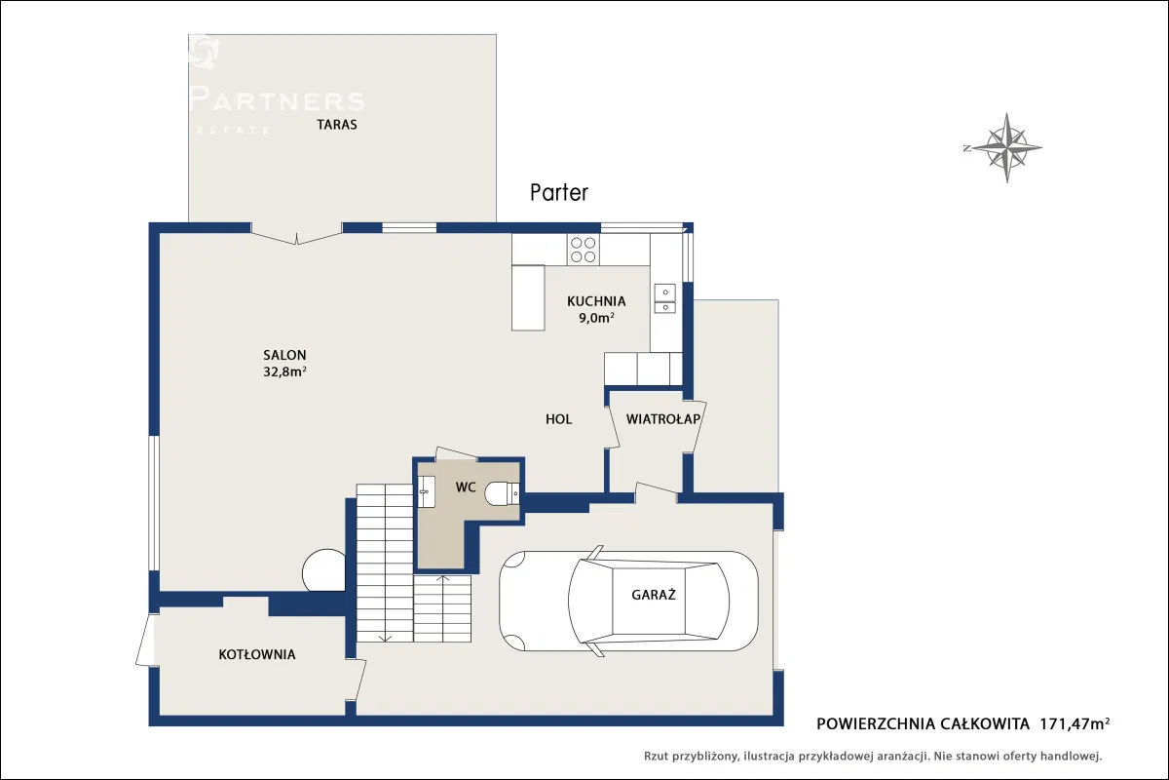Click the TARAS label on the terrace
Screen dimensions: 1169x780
click(x=337, y=125)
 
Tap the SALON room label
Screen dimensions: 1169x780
click(x=284, y=355)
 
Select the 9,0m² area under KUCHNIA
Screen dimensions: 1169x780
click(x=596, y=317)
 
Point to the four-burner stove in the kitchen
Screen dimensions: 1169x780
click(x=583, y=250)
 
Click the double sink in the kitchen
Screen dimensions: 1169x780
click(x=664, y=298)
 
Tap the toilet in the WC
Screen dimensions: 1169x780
click(x=502, y=493)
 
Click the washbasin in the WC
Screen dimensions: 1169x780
click(x=427, y=491)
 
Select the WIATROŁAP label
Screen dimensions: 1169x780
click(x=662, y=419)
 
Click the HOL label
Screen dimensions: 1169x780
click(x=558, y=419)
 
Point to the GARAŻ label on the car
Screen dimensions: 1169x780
click(x=654, y=595)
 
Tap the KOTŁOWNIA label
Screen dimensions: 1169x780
click(x=257, y=654)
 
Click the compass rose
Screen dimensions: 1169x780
click(x=1006, y=148)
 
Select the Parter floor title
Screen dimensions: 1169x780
click(x=559, y=193)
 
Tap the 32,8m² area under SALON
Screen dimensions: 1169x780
click(x=284, y=371)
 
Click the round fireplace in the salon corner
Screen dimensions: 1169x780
click(x=323, y=570)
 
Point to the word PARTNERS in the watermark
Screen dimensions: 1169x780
click(x=277, y=99)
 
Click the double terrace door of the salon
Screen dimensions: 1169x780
click(x=296, y=236)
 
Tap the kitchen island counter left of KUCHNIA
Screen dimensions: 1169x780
click(x=528, y=297)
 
